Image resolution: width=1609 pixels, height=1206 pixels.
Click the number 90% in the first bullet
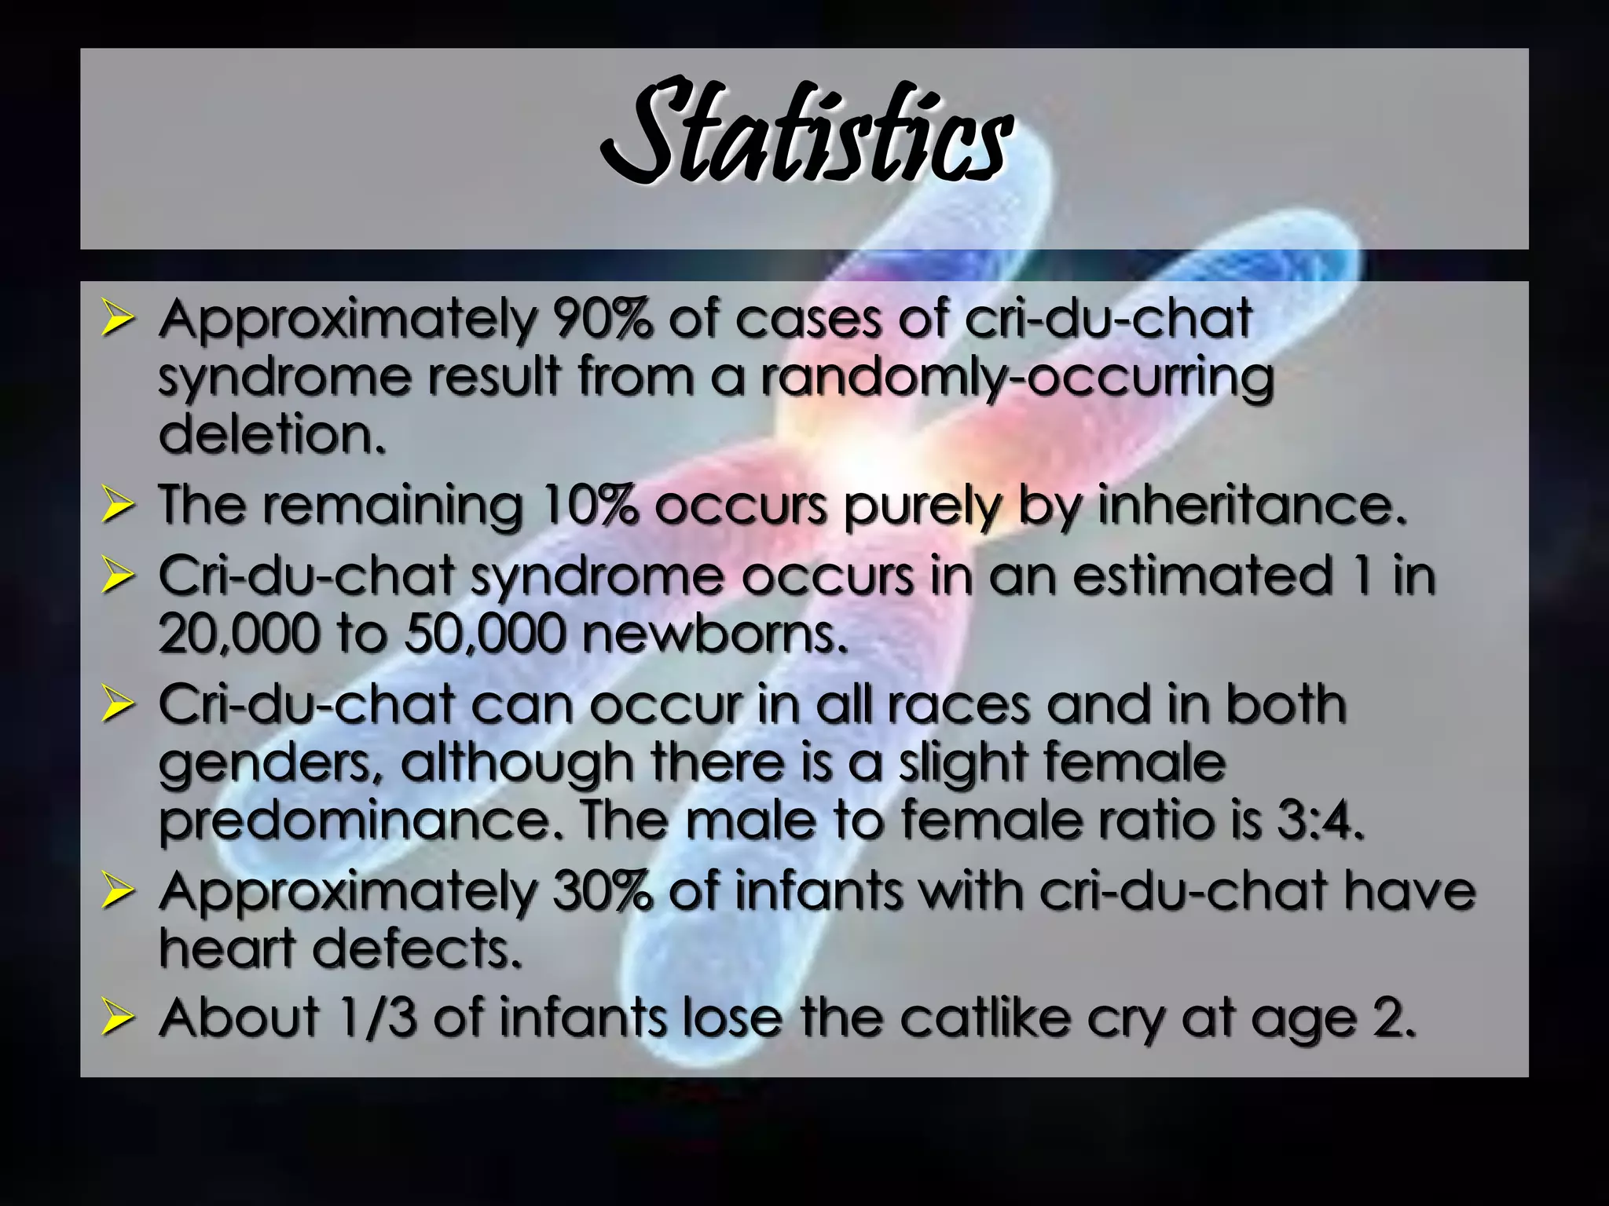[x=603, y=319]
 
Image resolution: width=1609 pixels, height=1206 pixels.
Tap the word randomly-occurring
[x=1017, y=378]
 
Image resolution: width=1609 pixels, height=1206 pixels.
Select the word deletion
[x=272, y=434]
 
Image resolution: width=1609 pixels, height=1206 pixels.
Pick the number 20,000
[x=239, y=633]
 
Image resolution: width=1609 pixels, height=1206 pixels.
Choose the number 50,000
[x=485, y=633]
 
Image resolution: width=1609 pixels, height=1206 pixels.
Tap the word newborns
[x=715, y=633]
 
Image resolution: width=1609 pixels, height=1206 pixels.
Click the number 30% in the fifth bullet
[x=603, y=891]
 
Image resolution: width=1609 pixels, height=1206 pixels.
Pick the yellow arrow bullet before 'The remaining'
[x=117, y=506]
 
